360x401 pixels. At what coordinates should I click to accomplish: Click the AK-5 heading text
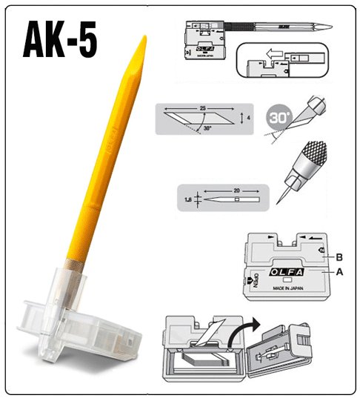pos(59,40)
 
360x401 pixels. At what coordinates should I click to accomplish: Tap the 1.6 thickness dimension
pos(188,200)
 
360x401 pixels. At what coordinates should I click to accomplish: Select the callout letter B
pos(339,257)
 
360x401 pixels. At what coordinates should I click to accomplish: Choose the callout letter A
pos(339,273)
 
